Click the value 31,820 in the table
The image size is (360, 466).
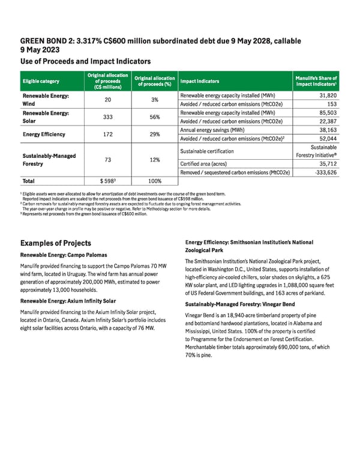[327, 95]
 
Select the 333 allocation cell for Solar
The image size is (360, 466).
[108, 117]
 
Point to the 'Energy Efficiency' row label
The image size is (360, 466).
[44, 134]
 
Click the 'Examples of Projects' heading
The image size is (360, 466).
[56, 243]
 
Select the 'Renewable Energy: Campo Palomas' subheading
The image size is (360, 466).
[64, 255]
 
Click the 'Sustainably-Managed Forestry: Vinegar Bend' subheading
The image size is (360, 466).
[240, 304]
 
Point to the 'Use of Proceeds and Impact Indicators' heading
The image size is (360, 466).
[85, 61]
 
